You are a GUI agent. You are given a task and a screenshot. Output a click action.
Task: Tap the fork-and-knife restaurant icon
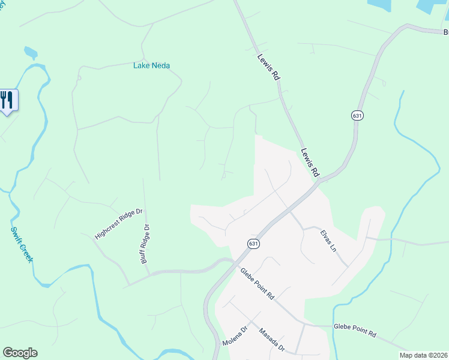(x=7, y=99)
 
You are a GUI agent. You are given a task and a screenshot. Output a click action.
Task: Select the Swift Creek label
(x=22, y=244)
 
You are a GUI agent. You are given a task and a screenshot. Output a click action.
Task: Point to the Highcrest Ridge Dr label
(x=119, y=224)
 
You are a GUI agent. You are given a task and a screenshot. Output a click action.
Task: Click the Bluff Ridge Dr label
(x=145, y=243)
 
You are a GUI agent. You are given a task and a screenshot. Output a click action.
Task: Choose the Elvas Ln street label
(x=328, y=240)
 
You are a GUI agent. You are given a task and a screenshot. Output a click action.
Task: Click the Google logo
(x=20, y=353)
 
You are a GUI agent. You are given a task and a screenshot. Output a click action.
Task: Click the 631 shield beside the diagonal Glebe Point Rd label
(x=253, y=243)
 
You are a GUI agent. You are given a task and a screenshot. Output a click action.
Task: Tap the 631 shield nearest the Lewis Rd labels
(x=357, y=115)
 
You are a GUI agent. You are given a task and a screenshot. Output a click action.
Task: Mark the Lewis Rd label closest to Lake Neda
(x=268, y=67)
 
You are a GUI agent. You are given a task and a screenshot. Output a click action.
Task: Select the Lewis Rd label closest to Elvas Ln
(x=310, y=162)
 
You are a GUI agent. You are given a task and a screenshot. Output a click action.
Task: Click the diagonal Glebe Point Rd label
(x=257, y=283)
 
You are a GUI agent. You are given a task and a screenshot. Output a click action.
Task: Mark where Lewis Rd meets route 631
(x=319, y=178)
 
